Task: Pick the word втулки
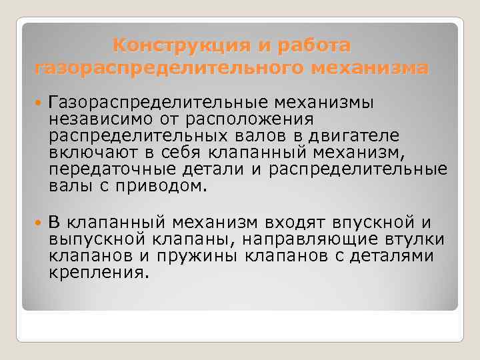[x=418, y=239]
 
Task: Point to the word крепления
[x=96, y=273]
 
